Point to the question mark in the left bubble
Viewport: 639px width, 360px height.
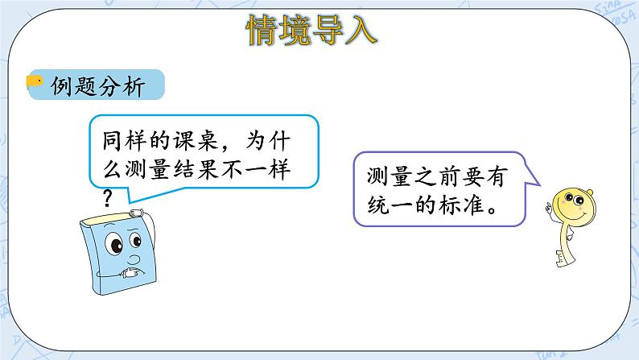[106, 197]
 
